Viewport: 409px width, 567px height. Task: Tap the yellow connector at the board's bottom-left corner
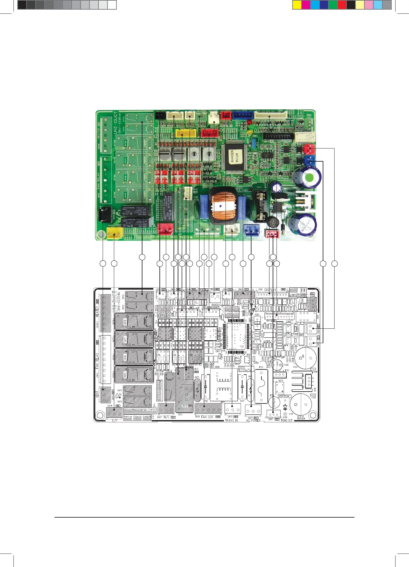pos(115,234)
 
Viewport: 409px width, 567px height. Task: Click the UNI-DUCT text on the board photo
pos(116,123)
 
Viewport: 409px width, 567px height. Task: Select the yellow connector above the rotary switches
pos(186,134)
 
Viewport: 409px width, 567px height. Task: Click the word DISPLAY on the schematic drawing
pos(270,290)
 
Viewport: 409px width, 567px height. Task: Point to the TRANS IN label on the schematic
pos(231,420)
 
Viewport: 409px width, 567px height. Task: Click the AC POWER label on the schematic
pos(253,420)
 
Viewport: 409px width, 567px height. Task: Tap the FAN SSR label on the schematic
pos(207,417)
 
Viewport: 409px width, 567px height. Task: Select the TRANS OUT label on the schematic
pos(286,420)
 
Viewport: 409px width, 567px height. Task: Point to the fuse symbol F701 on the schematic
pos(261,386)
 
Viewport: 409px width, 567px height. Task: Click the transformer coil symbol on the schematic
pos(224,385)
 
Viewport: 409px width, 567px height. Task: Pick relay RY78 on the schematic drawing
pos(134,321)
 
